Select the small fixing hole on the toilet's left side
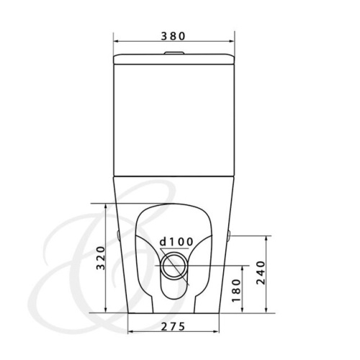tap(117, 235)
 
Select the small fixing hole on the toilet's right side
tap(229, 235)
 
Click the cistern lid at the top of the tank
tap(173, 59)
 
